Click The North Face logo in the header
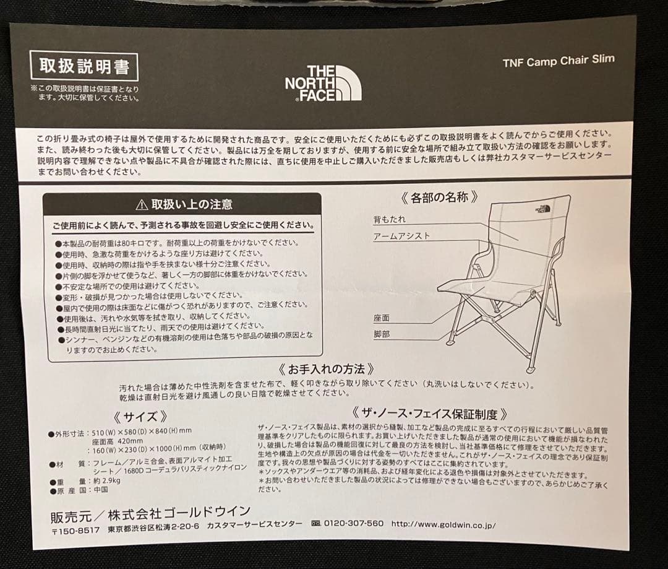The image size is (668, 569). pyautogui.click(x=323, y=83)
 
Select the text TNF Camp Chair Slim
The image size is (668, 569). pyautogui.click(x=559, y=61)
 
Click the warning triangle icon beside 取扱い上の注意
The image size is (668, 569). pyautogui.click(x=142, y=204)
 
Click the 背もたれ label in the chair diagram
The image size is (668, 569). pyautogui.click(x=390, y=220)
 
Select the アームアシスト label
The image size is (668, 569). pyautogui.click(x=401, y=237)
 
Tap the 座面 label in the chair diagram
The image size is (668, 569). pyautogui.click(x=382, y=318)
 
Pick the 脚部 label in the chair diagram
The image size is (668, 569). pyautogui.click(x=382, y=334)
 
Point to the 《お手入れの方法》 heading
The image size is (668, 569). pyautogui.click(x=326, y=370)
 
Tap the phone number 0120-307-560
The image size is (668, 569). pyautogui.click(x=353, y=524)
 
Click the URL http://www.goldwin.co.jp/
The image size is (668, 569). pyautogui.click(x=443, y=524)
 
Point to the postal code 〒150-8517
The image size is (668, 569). pyautogui.click(x=75, y=531)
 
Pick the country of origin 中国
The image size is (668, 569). pyautogui.click(x=101, y=489)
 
